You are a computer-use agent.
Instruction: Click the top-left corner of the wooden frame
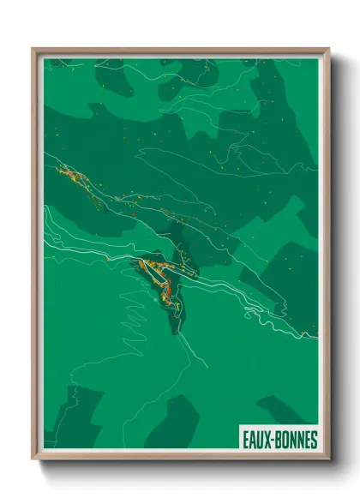[33, 50]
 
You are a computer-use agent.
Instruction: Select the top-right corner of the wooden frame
[328, 50]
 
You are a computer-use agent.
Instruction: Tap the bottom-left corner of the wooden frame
[33, 459]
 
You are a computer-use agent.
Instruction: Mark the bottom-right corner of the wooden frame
[328, 459]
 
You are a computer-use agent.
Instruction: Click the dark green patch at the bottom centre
[176, 424]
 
